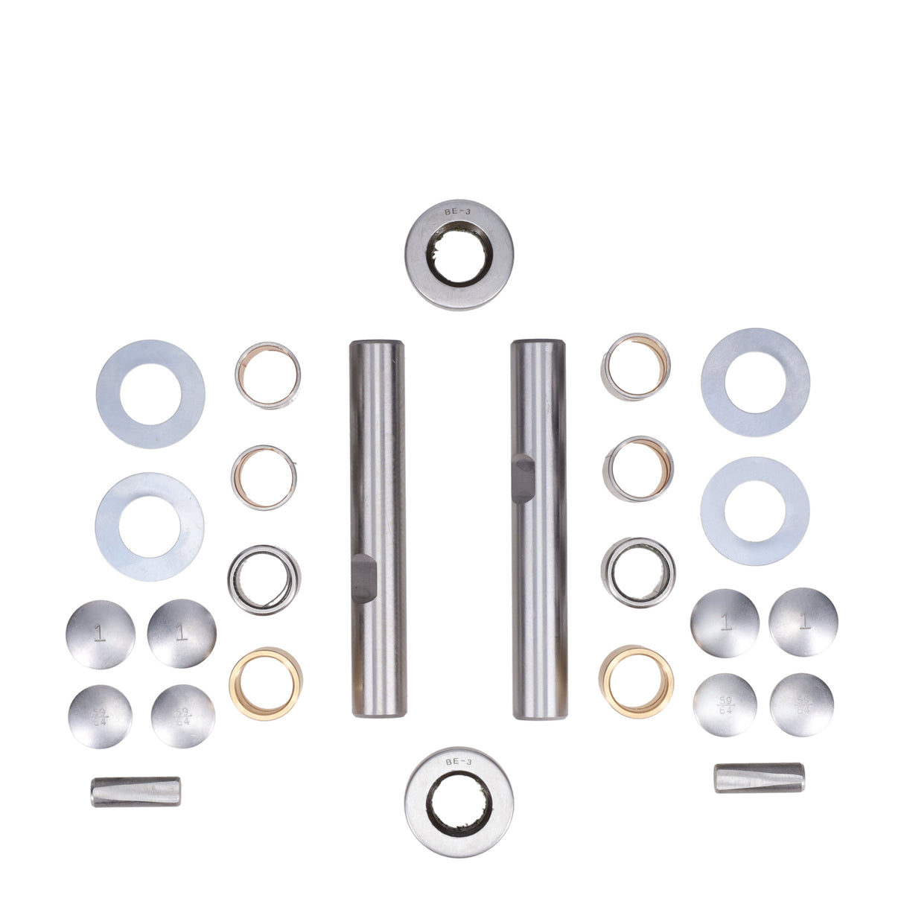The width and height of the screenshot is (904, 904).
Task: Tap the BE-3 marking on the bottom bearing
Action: [x=457, y=763]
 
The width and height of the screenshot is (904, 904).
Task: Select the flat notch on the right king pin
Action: [x=523, y=474]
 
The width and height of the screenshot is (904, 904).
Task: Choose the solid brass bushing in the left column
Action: [x=265, y=683]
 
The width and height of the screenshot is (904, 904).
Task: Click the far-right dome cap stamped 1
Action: [x=803, y=622]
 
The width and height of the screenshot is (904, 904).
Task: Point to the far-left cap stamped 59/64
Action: [x=100, y=716]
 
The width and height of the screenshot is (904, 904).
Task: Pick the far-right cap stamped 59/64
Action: [x=802, y=704]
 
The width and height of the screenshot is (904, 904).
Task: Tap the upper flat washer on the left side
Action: [x=150, y=394]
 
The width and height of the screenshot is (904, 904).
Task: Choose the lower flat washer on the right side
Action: [x=755, y=511]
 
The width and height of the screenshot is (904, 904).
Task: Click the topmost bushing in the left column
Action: [x=268, y=376]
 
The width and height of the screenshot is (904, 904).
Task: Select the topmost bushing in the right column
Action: [x=637, y=366]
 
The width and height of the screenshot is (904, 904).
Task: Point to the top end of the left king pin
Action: [x=377, y=348]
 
